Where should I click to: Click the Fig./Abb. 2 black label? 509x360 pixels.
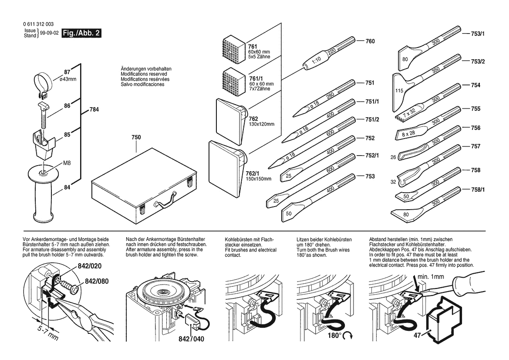pos(82,33)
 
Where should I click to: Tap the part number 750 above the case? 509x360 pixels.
pos(136,137)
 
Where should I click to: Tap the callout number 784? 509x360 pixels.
pos(94,110)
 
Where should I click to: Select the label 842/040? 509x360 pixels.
pos(191,339)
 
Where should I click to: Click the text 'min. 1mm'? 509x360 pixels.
pos(431,276)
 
